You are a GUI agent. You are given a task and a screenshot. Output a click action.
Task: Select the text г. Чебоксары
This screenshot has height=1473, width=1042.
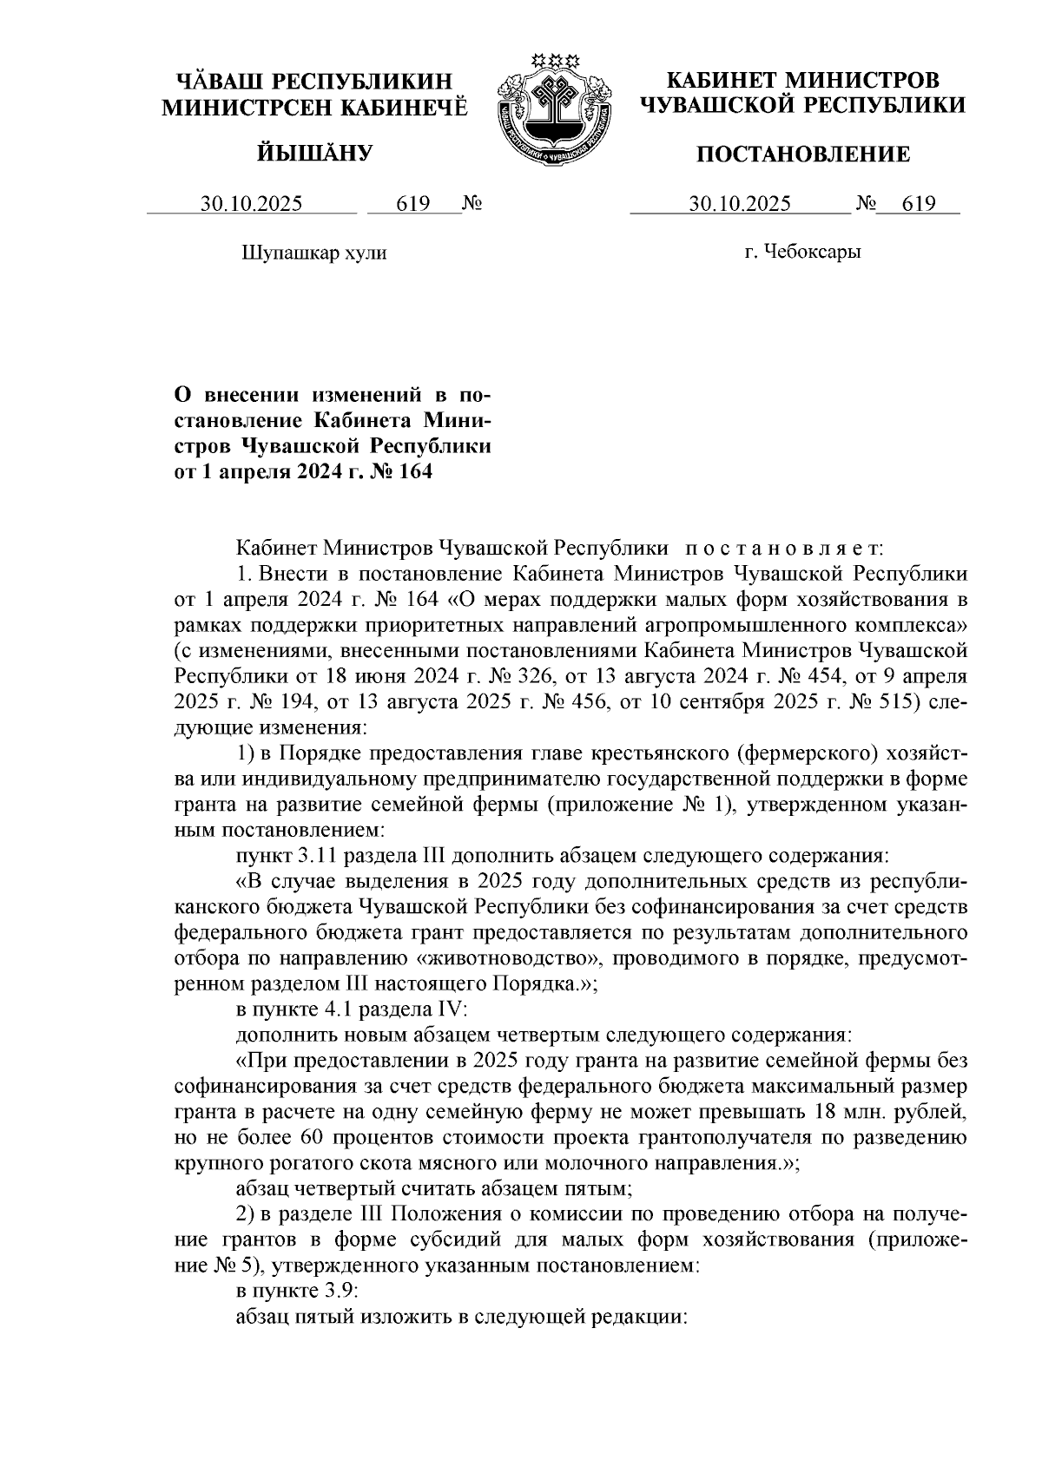coord(801,253)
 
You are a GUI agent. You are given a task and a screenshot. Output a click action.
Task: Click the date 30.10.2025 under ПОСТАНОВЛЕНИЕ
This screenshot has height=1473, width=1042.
coord(740,205)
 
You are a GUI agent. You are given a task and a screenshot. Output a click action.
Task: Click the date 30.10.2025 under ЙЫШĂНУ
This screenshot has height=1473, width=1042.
coord(252,205)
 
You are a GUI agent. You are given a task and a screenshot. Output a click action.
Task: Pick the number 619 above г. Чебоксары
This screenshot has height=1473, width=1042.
coord(919,205)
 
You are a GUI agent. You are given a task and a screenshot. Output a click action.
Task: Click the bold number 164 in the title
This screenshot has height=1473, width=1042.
coord(413,473)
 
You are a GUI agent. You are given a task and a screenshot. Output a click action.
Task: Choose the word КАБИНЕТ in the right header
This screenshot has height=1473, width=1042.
coord(719,81)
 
